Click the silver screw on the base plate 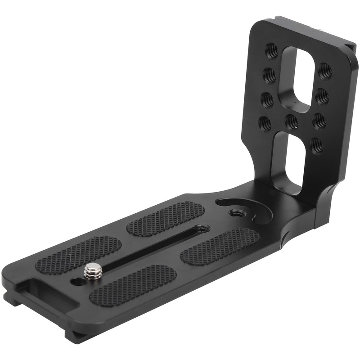91,271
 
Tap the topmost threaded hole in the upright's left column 272,48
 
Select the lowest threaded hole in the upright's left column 263,122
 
